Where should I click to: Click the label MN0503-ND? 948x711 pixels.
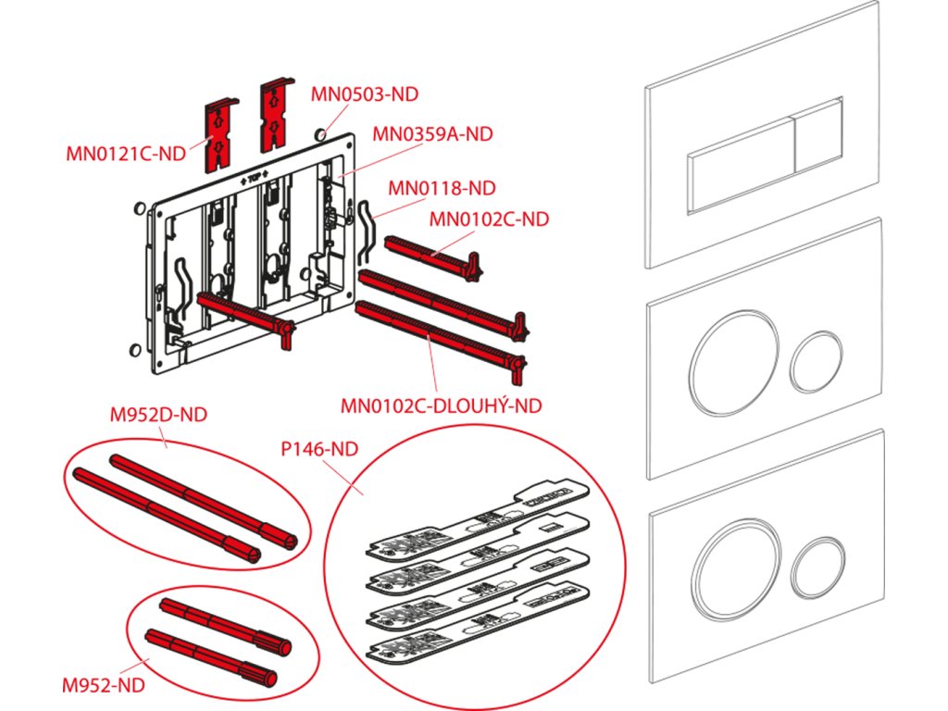click(x=364, y=94)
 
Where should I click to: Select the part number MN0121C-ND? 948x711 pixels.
click(x=126, y=154)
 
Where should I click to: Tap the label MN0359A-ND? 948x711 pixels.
click(x=432, y=133)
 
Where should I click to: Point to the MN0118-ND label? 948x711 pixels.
click(x=442, y=189)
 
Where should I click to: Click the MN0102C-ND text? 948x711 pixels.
click(x=490, y=219)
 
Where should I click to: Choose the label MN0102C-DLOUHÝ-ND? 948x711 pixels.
click(x=441, y=405)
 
